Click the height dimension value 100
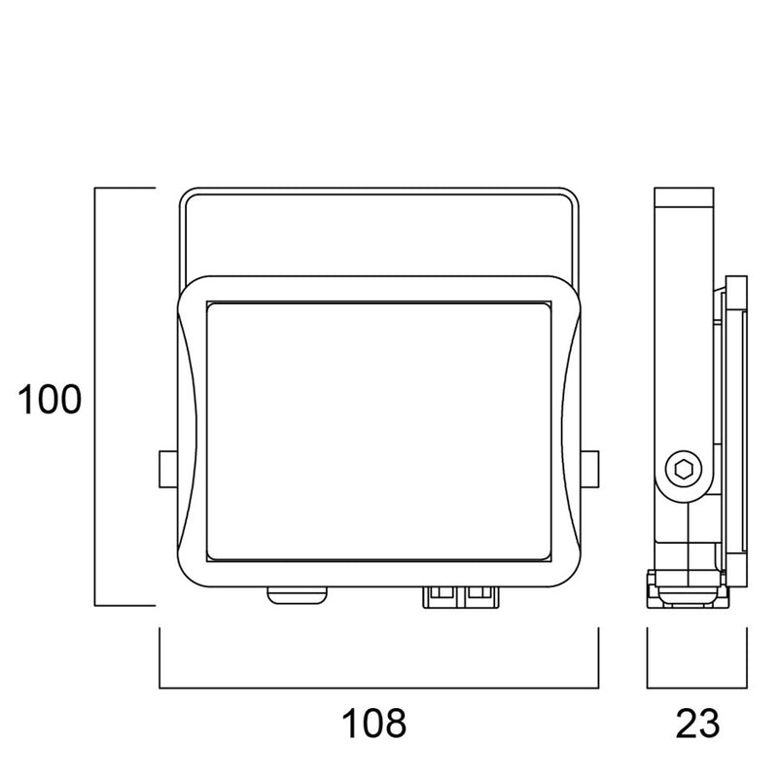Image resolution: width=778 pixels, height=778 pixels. pyautogui.click(x=53, y=400)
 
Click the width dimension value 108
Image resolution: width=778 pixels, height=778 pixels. pyautogui.click(x=372, y=723)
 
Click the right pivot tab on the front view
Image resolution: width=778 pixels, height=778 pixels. pyautogui.click(x=590, y=470)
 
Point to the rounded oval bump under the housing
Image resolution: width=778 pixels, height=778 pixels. pyautogui.click(x=298, y=594)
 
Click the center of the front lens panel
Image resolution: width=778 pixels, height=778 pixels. pyautogui.click(x=379, y=431)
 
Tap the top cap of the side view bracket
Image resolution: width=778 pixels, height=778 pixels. pyautogui.click(x=688, y=194)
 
